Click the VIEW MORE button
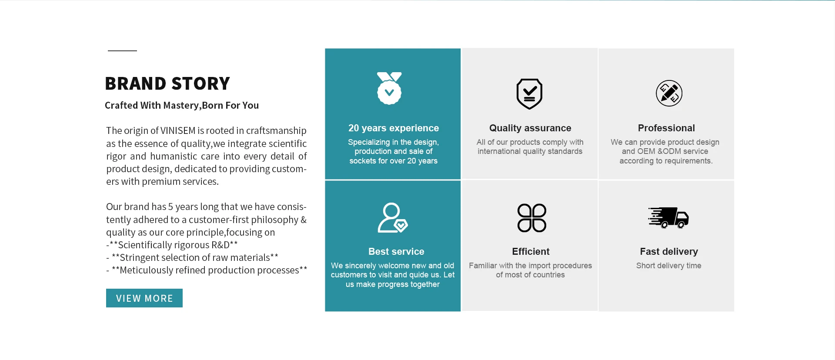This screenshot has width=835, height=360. coord(144,298)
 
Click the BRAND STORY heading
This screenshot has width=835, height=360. coord(167,83)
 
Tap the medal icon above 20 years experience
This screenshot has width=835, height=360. coord(389,88)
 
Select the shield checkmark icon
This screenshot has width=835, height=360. coord(529,94)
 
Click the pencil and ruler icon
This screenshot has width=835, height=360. coord(669,93)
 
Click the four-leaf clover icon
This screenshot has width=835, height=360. coord(531,218)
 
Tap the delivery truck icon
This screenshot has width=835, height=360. coord(668,217)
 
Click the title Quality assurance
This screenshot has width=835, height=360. coord(530,128)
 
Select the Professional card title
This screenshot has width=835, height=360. coord(666,128)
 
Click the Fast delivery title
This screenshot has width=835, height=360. coord(669,251)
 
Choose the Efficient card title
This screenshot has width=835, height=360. coord(531,251)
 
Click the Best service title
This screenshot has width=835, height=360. coord(396,251)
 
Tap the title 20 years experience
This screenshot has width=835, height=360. coord(394,128)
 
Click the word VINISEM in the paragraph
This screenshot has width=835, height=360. coord(178,130)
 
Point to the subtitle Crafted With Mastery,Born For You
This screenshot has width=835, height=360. coord(182,105)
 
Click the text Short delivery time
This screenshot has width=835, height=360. coord(669,266)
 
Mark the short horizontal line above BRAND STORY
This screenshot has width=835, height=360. coord(122,51)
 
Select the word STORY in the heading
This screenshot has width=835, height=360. coord(201,83)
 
